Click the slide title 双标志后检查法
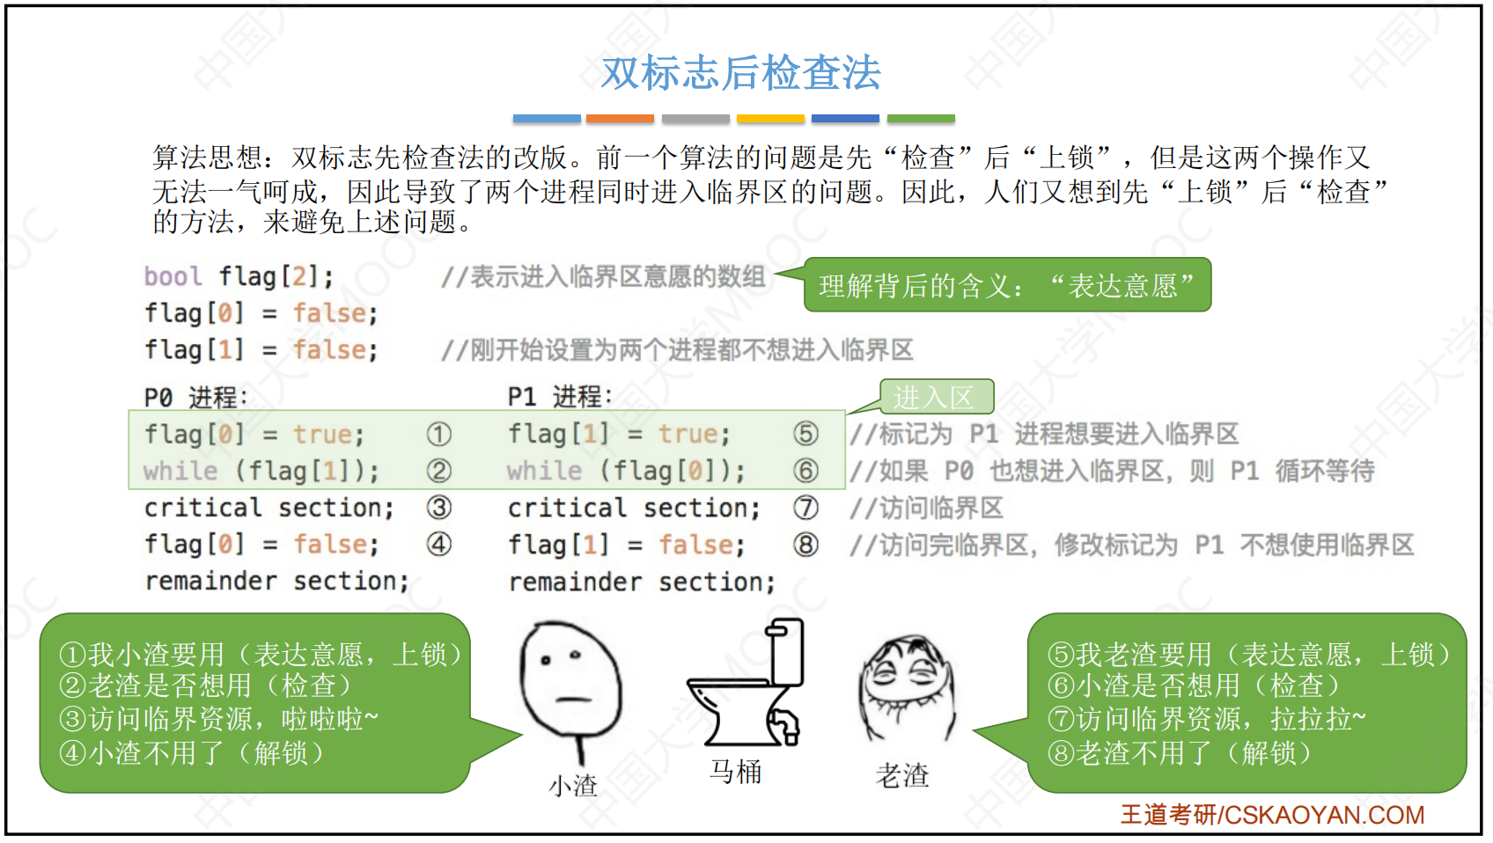740,73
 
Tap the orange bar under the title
620,119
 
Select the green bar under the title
921,119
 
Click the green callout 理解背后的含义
1007,284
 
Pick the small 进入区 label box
937,397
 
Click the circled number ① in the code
438,435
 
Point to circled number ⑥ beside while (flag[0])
805,471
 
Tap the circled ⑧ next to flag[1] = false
805,545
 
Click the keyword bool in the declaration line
173,276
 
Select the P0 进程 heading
195,398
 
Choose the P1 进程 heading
559,397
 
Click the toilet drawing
746,682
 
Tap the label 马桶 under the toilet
735,772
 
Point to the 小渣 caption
573,786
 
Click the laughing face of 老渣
907,688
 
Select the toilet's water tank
786,651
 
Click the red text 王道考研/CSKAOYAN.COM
1272,814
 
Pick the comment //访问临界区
926,509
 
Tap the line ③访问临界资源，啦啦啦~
218,719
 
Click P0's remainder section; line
276,581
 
